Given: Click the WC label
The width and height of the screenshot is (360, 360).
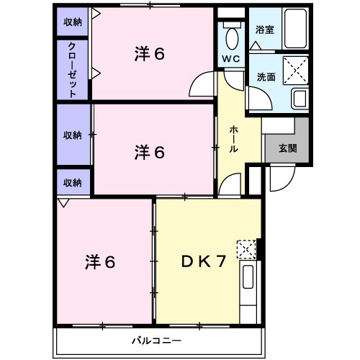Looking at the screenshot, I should pyautogui.click(x=231, y=58).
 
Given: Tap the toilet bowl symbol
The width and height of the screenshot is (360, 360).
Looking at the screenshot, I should pyautogui.click(x=232, y=36).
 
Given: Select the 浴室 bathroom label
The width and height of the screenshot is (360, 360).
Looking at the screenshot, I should pyautogui.click(x=264, y=30).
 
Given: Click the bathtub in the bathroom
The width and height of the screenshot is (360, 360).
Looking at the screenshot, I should pyautogui.click(x=295, y=30).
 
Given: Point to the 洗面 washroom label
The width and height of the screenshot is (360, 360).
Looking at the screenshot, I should pyautogui.click(x=265, y=77).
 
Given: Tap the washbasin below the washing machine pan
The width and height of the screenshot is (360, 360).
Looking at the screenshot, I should pyautogui.click(x=298, y=99).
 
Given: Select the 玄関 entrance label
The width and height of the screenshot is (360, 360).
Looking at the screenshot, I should pyautogui.click(x=287, y=149).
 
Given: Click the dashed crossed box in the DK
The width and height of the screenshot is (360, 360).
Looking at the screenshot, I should pyautogui.click(x=246, y=249).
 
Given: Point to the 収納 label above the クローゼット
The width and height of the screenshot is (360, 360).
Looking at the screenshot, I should pyautogui.click(x=73, y=22).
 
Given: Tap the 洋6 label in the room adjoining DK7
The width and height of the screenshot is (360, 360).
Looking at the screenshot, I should pyautogui.click(x=99, y=261).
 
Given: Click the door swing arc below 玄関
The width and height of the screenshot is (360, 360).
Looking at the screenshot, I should pyautogui.click(x=278, y=181).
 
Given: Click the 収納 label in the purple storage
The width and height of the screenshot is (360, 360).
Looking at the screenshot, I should pyautogui.click(x=72, y=135).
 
